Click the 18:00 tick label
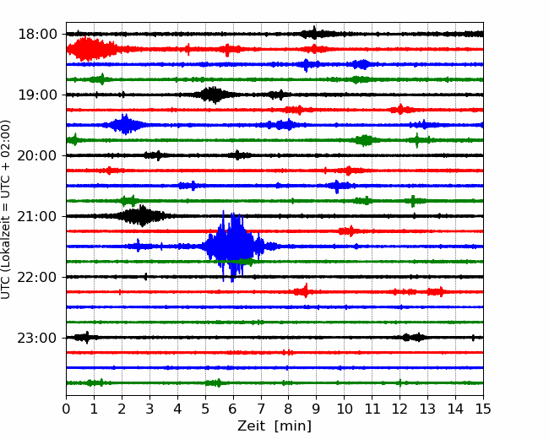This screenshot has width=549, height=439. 37,35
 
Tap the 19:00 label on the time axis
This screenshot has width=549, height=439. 37,95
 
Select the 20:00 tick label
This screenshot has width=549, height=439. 37,155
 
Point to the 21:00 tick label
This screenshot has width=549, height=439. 37,216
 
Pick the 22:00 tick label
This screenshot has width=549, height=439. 37,277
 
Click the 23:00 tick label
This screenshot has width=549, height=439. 37,338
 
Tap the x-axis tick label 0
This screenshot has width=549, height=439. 66,409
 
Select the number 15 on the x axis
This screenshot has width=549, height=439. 483,409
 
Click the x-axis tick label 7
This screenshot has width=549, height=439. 261,409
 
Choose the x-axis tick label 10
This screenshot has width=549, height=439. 344,409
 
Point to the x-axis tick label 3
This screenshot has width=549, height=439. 149,409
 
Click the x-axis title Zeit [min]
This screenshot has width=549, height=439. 274,426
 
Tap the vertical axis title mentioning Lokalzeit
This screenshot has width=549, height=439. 6,209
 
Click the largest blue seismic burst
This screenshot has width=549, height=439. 233,247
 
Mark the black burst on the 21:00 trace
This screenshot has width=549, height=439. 142,216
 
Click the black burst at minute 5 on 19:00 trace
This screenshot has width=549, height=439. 213,95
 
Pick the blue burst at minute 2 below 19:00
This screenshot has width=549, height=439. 124,125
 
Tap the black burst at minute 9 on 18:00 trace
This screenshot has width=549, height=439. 314,34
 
